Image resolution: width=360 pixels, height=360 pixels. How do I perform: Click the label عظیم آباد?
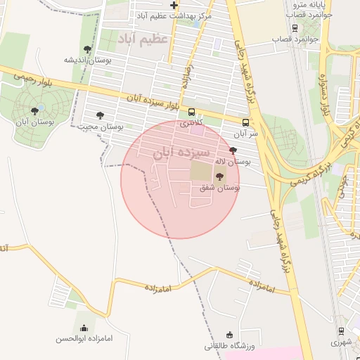tap(143, 37)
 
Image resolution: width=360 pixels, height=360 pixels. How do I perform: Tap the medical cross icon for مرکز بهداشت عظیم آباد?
tap(174, 6)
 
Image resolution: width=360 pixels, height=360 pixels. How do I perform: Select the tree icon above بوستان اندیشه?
tap(87, 49)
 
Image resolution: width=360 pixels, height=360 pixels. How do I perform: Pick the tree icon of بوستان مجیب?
tap(100, 115)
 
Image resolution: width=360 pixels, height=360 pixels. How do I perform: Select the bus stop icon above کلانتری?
tap(192, 112)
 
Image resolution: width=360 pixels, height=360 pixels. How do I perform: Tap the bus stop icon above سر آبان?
tap(245, 122)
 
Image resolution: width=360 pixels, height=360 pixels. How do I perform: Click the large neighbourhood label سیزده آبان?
tap(182, 151)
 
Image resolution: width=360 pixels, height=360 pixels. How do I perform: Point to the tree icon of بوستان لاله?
tap(233, 150)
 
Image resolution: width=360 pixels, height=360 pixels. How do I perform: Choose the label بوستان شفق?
tap(219, 188)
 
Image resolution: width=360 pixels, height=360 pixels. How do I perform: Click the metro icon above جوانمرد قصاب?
tap(294, 29)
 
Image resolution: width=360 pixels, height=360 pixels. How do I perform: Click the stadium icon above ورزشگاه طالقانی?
tap(229, 334)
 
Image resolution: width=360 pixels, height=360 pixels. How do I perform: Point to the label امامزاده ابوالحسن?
tap(84, 338)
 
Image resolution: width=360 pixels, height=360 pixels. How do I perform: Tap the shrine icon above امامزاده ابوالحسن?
tap(84, 327)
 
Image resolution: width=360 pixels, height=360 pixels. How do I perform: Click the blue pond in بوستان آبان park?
tap(40, 107)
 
